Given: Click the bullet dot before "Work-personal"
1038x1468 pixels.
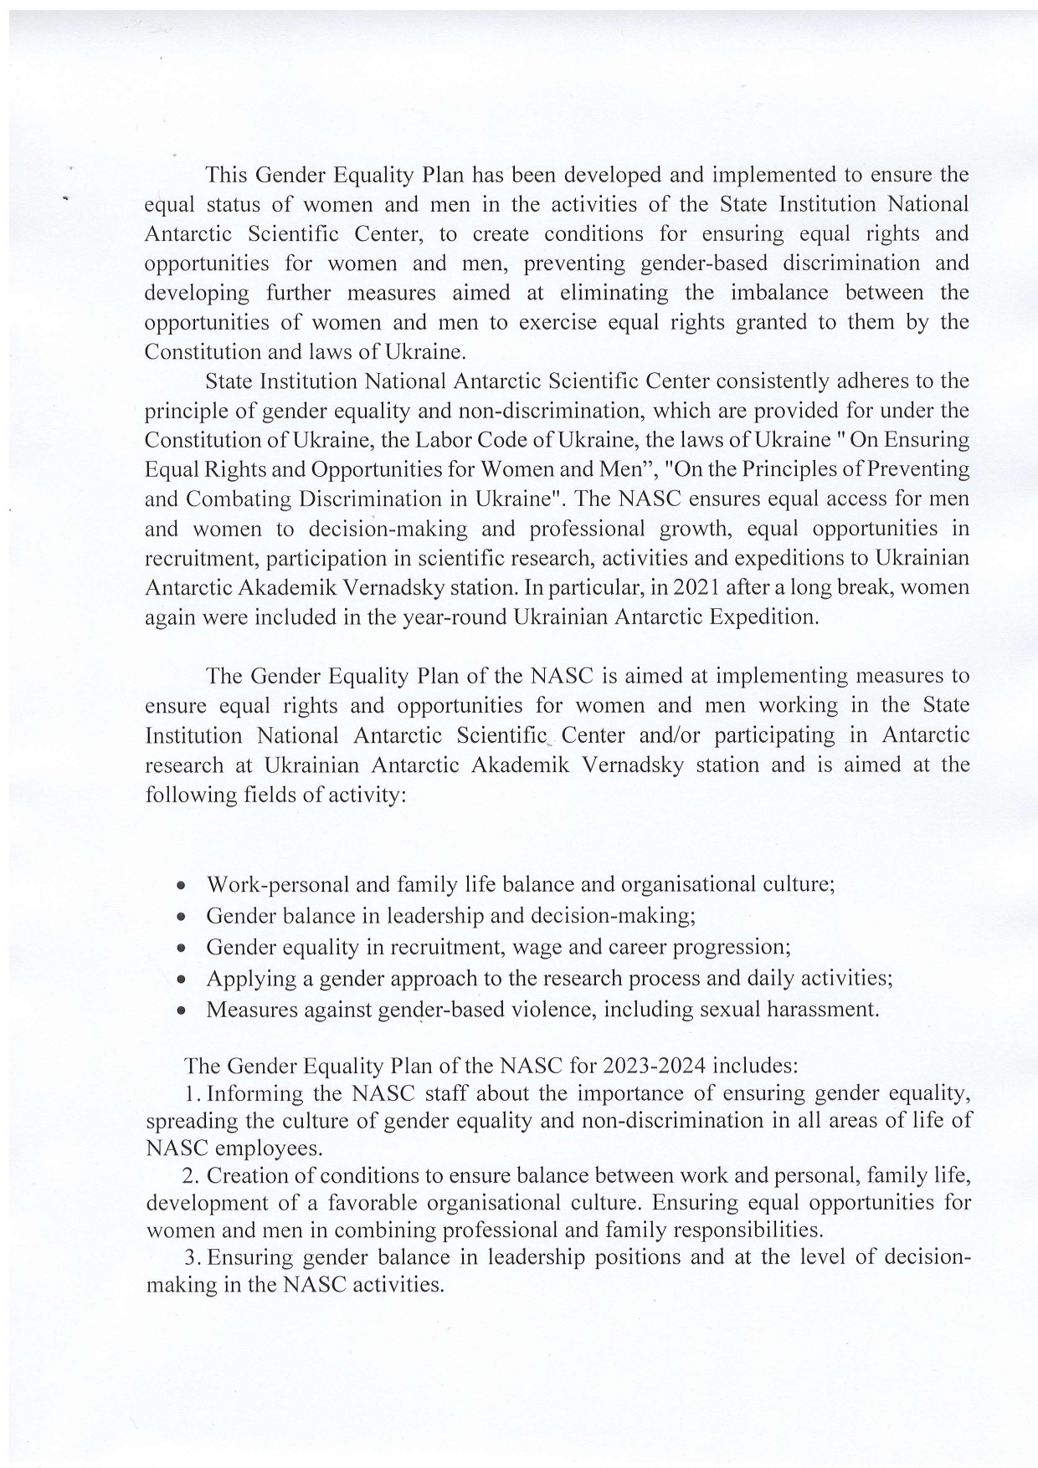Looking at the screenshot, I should pos(181,886).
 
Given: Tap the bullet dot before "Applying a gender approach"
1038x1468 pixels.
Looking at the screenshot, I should pos(181,980).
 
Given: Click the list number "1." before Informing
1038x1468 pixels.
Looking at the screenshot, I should pos(193,1093).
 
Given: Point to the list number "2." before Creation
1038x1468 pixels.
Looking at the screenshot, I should pos(192,1175).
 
